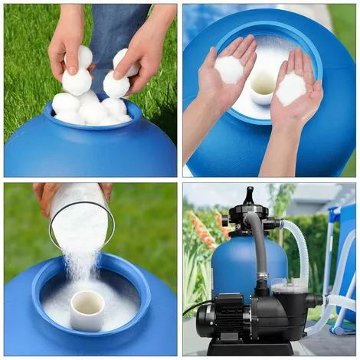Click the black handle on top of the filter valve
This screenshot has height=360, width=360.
tap(248, 198)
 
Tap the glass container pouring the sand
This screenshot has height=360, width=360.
tap(80, 214)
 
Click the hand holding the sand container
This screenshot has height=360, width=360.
tap(46, 195)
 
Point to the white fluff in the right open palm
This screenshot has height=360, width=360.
tap(292, 89)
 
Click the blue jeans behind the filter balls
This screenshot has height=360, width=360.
tap(115, 31)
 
